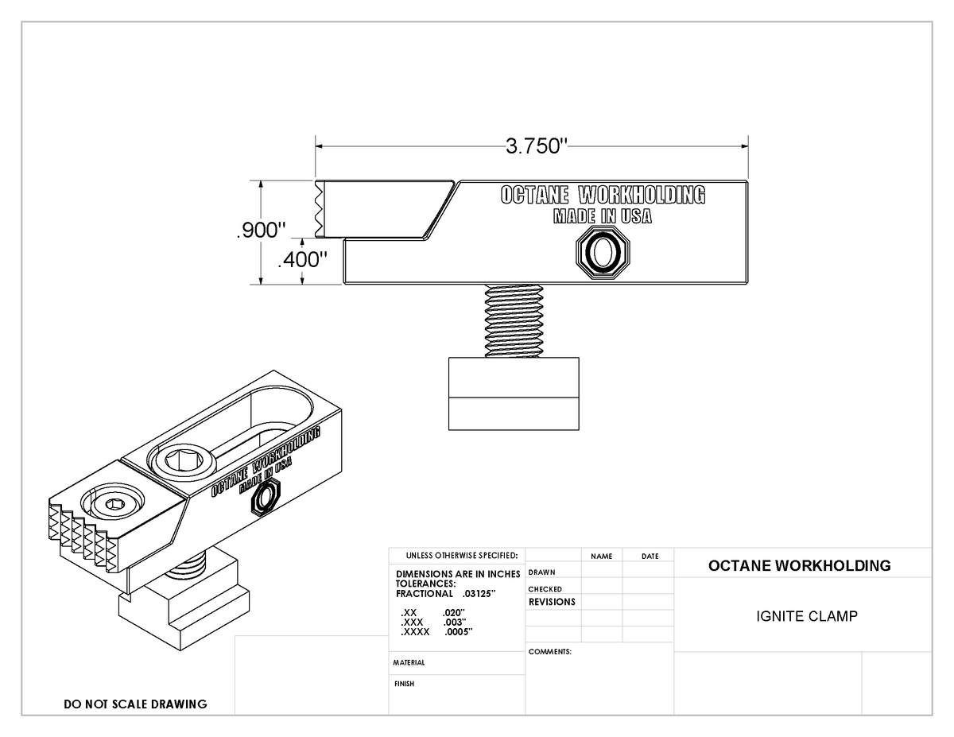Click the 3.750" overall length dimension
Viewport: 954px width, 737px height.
click(533, 146)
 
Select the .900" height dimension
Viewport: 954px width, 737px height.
click(260, 231)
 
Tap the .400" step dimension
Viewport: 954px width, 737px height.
click(304, 260)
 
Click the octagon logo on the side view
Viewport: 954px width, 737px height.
click(603, 252)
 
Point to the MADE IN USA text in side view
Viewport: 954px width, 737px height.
click(602, 215)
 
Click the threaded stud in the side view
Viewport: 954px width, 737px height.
click(513, 321)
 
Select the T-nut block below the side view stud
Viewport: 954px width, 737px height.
click(513, 394)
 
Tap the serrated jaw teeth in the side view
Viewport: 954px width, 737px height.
click(320, 208)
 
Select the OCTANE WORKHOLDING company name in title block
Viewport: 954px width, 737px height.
click(799, 566)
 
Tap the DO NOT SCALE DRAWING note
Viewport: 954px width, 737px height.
click(135, 704)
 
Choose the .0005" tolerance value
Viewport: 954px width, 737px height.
click(459, 632)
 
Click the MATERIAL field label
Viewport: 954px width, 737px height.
click(409, 662)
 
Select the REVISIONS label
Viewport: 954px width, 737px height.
click(552, 602)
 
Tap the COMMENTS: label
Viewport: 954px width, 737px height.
click(550, 651)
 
